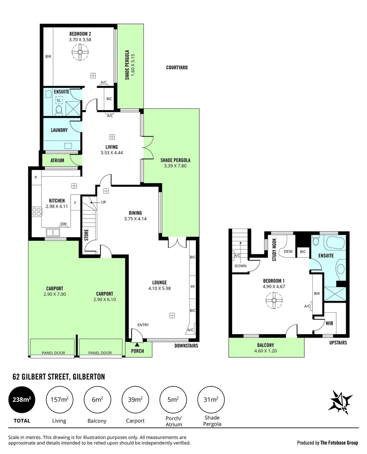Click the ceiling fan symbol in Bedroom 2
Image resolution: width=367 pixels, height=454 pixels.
pos(79,53)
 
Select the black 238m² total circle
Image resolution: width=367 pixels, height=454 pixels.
pos(22,400)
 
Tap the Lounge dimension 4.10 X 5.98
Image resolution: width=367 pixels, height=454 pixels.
pos(159,288)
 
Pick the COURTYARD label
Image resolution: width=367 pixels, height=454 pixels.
pos(177,67)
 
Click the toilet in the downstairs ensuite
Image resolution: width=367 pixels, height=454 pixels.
pos(59,110)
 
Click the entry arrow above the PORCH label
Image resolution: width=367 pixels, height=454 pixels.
pos(137,345)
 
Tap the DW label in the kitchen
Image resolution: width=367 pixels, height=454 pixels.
pos(63,224)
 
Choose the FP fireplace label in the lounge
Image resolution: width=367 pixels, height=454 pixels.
pos(192,287)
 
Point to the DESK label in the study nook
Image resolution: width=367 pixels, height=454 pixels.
pos(288,251)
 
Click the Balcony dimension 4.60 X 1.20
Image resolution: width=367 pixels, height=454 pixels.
pos(266,351)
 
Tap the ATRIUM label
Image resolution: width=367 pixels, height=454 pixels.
pos(57,161)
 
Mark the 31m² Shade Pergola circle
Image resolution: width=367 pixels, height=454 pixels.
pos(211,400)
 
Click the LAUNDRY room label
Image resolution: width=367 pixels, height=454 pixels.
pos(59,130)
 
